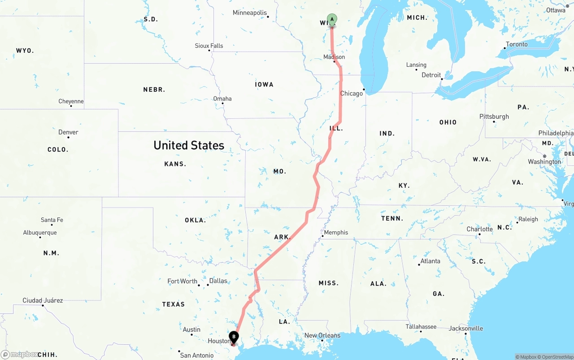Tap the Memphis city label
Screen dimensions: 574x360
point(336,232)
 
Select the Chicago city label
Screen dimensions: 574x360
point(351,93)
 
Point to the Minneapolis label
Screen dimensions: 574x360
point(250,13)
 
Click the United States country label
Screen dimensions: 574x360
point(189,145)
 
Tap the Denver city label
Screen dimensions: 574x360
point(68,132)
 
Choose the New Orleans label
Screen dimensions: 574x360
point(322,335)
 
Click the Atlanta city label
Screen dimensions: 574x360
point(430,261)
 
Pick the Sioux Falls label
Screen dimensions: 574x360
point(209,46)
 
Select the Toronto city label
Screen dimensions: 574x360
point(517,44)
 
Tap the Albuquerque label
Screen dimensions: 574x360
point(40,233)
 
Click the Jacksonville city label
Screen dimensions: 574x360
point(466,329)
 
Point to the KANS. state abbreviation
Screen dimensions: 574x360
point(175,164)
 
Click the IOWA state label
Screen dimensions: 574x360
point(264,84)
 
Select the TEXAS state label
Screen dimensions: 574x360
point(174,304)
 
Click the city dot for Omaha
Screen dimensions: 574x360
point(222,104)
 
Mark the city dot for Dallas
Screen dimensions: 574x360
point(208,285)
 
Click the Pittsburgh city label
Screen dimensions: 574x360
point(494,117)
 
